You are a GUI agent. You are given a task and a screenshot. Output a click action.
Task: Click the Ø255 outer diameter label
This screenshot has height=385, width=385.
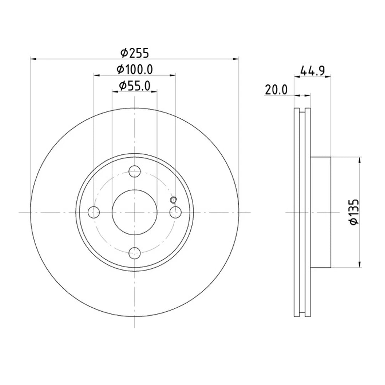[x=134, y=53]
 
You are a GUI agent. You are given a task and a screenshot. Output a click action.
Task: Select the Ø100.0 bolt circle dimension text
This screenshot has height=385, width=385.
[x=135, y=70]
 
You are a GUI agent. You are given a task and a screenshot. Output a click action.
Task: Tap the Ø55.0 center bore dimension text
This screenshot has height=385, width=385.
[x=135, y=86]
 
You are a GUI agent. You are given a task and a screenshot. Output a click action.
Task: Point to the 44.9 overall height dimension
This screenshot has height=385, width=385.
[x=312, y=71]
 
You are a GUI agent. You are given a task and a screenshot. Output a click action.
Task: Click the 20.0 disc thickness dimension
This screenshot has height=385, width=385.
[x=276, y=90]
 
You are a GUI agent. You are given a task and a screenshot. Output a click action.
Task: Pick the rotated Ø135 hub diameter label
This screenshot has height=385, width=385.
[x=354, y=212]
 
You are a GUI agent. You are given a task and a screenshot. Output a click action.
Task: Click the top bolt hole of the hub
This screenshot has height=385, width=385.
[x=134, y=171]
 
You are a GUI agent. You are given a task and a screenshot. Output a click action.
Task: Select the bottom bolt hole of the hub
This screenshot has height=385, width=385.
[x=134, y=253]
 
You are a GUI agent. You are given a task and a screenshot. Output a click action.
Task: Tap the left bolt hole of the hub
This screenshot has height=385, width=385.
[x=93, y=212]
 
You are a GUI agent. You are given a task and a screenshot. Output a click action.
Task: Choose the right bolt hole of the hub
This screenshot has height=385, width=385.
[x=175, y=212]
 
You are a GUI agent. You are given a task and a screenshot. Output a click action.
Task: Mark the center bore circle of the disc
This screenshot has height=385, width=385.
[x=134, y=212]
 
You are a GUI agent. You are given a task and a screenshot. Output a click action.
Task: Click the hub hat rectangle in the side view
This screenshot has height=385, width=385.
[x=320, y=212]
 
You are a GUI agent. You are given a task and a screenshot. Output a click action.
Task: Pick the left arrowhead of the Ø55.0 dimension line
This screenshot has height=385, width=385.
[x=114, y=92]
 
